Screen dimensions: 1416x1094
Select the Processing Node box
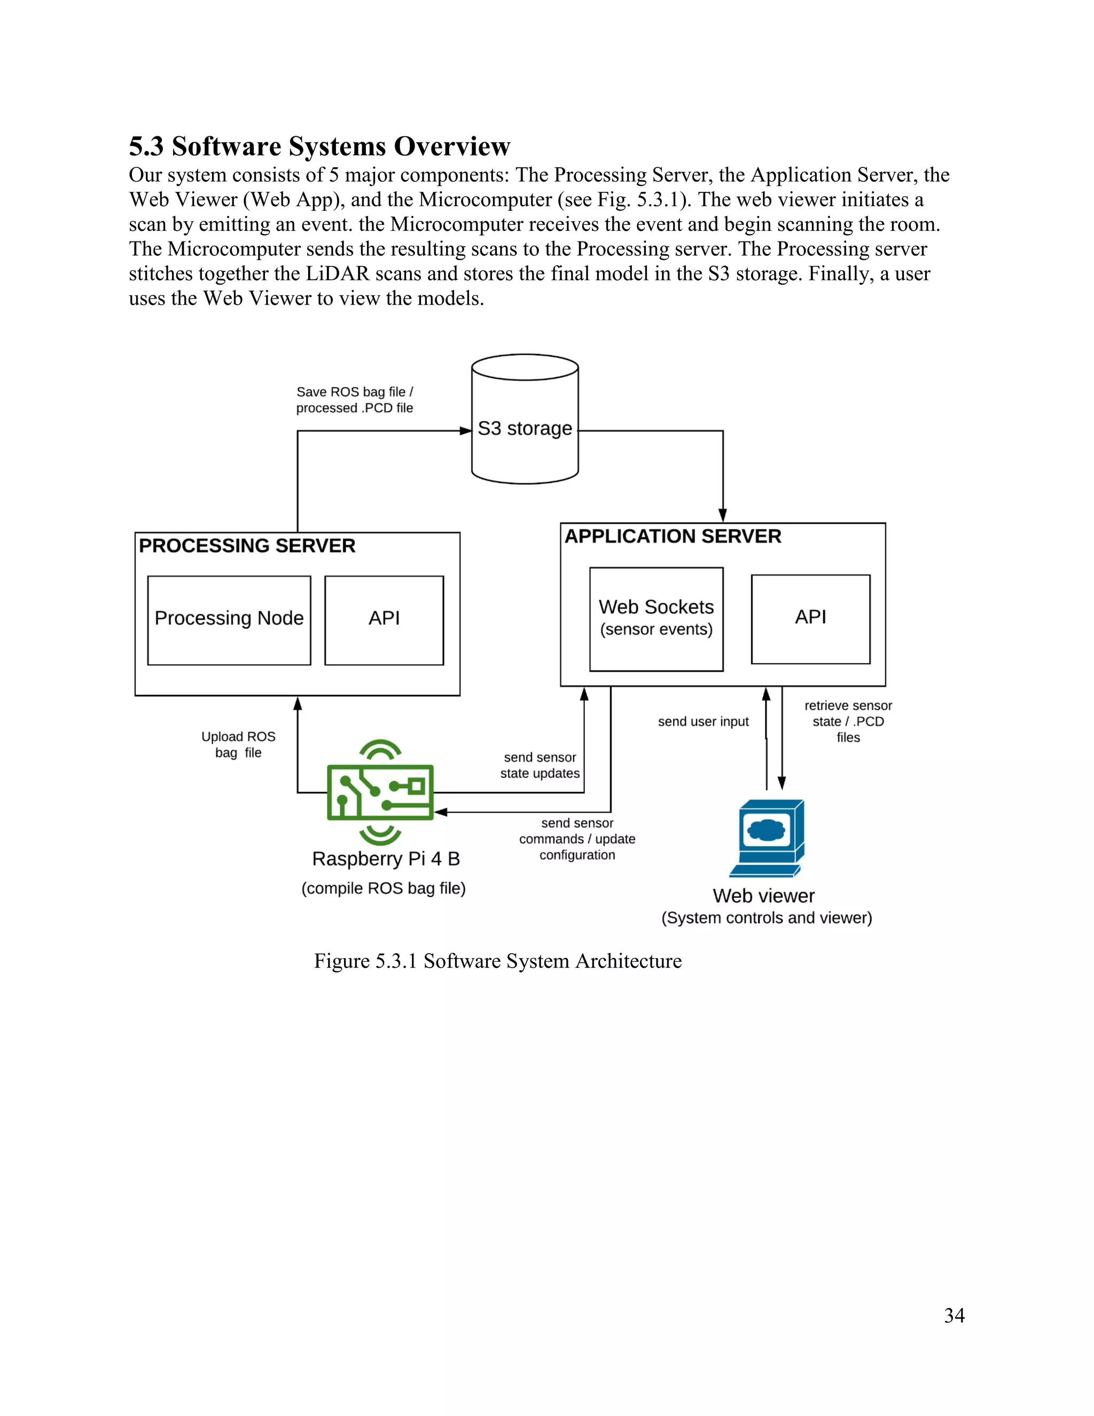click(229, 619)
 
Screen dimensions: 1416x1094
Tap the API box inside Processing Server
click(384, 619)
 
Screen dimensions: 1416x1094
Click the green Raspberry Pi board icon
click(380, 792)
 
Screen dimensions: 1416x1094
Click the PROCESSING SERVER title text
click(247, 546)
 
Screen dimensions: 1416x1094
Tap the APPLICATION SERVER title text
click(673, 537)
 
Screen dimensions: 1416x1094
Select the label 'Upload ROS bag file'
click(238, 744)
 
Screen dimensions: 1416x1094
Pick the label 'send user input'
click(702, 721)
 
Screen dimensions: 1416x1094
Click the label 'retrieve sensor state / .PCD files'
click(848, 721)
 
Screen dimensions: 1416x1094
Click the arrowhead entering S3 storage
click(466, 431)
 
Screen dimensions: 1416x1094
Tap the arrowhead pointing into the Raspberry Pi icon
click(441, 812)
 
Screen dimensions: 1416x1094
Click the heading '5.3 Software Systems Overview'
click(319, 146)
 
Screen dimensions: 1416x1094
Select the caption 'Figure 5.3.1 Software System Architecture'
click(497, 960)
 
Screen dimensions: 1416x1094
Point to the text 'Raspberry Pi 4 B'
click(386, 859)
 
